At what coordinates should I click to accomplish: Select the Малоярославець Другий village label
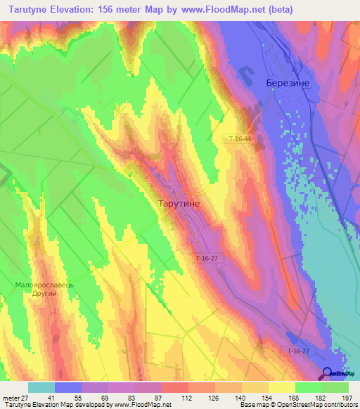click(x=44, y=289)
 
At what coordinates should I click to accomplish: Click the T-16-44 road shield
click(x=240, y=139)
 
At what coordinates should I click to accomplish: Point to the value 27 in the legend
click(x=26, y=397)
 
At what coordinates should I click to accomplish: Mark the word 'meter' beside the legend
click(x=10, y=397)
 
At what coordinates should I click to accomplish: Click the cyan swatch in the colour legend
click(x=41, y=387)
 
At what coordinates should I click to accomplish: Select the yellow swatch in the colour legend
click(x=282, y=387)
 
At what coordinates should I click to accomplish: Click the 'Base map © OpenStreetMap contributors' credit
click(x=297, y=405)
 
